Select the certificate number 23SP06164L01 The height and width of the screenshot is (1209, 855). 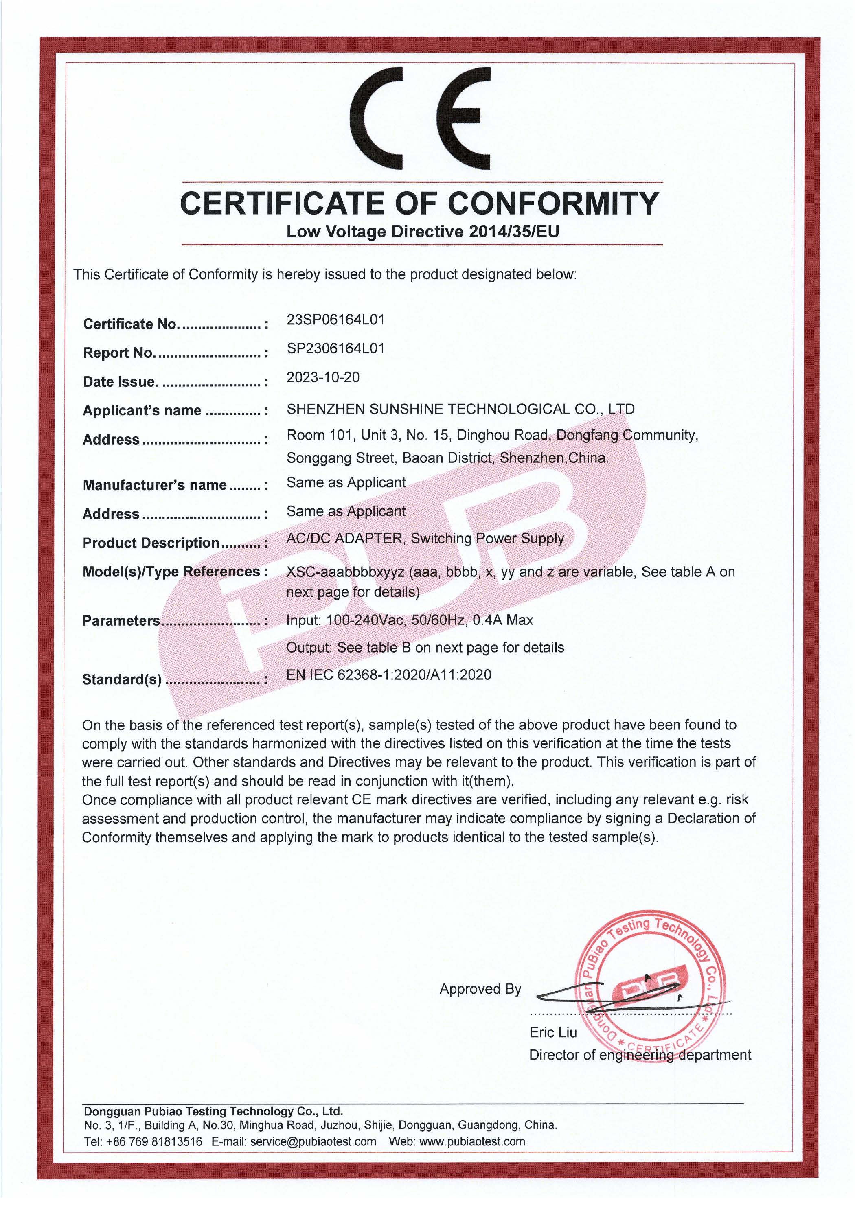(x=335, y=320)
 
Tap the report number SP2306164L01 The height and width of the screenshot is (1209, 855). (x=335, y=348)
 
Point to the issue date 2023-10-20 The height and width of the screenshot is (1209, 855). (x=323, y=377)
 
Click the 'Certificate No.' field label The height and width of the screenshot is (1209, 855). (x=131, y=324)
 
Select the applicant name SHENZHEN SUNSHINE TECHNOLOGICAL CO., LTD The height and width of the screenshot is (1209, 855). (x=460, y=409)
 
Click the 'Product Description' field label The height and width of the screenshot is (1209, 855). (x=151, y=543)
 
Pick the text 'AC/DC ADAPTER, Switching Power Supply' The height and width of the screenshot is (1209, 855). (x=425, y=539)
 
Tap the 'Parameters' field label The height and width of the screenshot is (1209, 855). (x=121, y=621)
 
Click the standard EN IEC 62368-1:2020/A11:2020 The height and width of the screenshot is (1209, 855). (x=389, y=675)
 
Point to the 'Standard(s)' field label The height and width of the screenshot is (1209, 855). (x=122, y=680)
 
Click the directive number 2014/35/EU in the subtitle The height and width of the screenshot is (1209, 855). (x=514, y=232)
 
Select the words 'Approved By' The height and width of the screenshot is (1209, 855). (x=480, y=989)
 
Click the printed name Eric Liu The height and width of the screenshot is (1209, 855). (x=553, y=1033)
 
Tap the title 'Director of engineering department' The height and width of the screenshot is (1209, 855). (x=640, y=1055)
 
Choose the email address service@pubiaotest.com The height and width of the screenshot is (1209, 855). (x=313, y=1141)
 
